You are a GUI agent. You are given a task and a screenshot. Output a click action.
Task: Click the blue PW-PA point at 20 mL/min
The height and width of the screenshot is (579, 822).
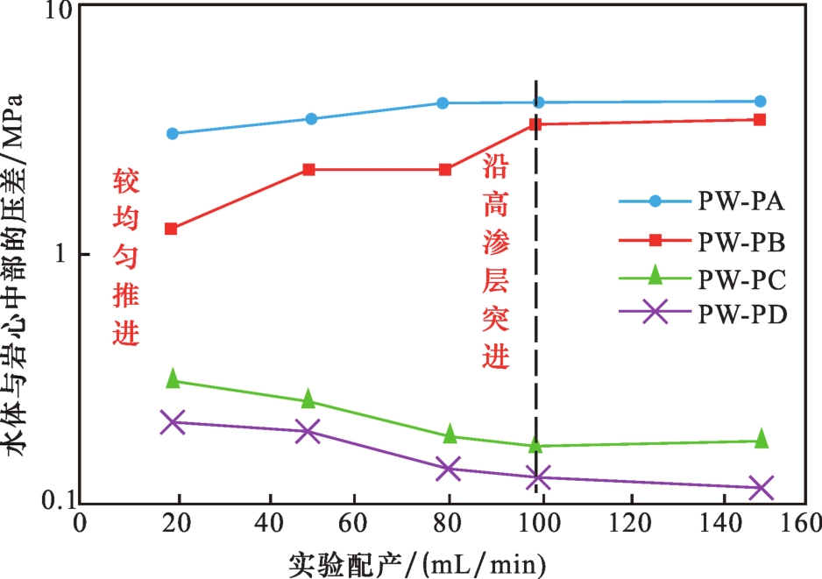(173, 134)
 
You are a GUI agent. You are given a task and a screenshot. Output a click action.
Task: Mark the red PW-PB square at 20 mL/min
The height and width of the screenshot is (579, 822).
(172, 229)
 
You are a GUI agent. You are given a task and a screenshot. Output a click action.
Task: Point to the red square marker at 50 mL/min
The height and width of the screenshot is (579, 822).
(308, 169)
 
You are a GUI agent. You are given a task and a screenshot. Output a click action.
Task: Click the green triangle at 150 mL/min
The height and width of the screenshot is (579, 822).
(761, 439)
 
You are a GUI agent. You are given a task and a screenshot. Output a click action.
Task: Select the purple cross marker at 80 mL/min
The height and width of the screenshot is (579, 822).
(448, 469)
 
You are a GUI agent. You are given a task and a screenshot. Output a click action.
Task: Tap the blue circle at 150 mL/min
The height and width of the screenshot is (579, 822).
(760, 102)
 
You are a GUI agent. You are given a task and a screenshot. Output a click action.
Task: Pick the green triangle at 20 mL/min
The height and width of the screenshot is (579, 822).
(173, 378)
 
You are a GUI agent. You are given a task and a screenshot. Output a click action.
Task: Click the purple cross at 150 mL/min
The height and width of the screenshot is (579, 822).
(761, 488)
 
